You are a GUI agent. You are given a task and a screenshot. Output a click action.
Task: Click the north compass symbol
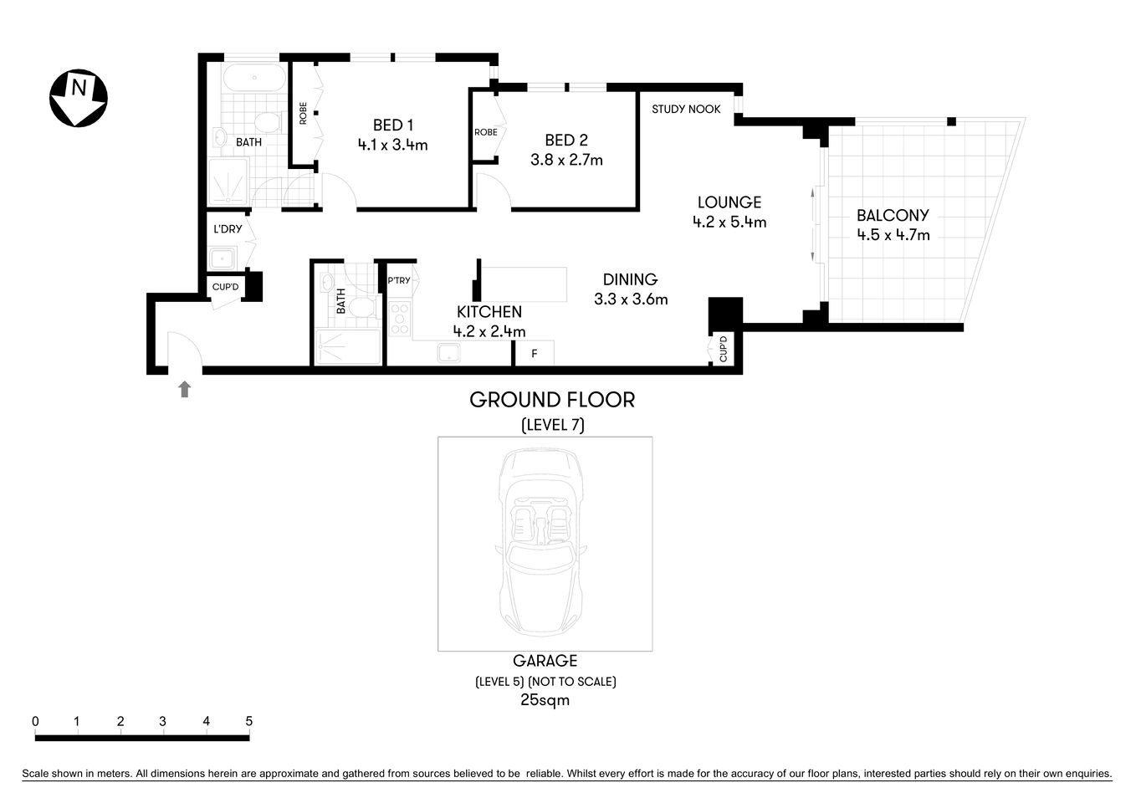tap(78, 99)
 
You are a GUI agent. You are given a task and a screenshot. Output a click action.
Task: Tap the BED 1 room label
tap(393, 125)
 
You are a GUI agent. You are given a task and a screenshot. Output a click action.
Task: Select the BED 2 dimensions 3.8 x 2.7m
tap(566, 160)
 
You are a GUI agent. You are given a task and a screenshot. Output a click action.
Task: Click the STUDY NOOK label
tap(686, 109)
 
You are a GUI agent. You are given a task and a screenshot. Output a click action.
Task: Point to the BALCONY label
tap(893, 216)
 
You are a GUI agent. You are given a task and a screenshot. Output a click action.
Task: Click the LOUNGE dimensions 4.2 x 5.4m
tap(729, 222)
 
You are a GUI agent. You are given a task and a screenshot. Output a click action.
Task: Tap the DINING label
tap(630, 279)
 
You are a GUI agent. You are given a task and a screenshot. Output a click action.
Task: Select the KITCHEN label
tap(489, 312)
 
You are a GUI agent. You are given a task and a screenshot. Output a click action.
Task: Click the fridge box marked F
tap(534, 354)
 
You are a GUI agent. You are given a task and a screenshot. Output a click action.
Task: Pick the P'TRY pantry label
tap(399, 281)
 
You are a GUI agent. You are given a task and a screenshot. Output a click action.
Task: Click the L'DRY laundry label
tap(228, 229)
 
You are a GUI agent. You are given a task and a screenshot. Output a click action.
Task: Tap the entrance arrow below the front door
tap(185, 389)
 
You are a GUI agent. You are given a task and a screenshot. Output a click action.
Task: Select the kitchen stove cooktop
tap(400, 319)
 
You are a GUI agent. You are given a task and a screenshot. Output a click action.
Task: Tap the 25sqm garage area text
tap(545, 700)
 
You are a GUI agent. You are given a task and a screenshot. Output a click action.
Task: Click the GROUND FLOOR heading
tap(552, 400)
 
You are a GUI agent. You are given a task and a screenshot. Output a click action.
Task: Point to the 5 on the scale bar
tap(248, 721)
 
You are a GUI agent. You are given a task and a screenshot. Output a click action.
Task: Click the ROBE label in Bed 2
tap(485, 132)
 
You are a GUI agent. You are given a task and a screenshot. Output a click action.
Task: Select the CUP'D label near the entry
tap(225, 288)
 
